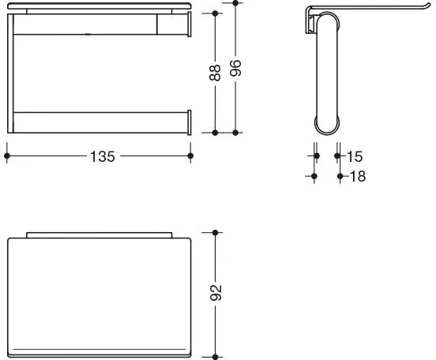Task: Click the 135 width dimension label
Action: pos(103,156)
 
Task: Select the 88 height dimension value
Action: pos(215,73)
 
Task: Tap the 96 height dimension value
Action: pos(235,68)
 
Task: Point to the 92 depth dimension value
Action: pos(216,292)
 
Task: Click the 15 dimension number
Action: pos(355,156)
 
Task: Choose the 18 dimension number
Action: pos(358,176)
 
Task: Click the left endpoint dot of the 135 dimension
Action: pos(7,156)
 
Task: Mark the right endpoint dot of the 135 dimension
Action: pos(190,156)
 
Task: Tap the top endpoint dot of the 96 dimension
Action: pos(235,3)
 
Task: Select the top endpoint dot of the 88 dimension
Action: pos(215,13)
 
